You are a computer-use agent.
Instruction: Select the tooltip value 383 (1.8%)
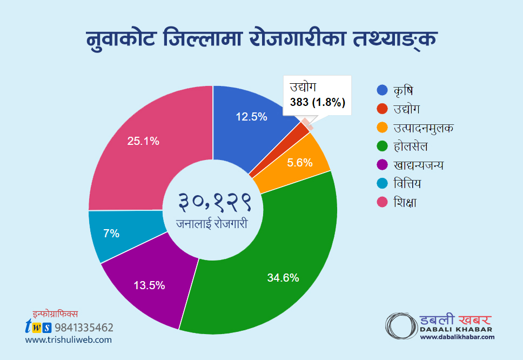[318, 103]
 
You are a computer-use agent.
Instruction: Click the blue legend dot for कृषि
[382, 90]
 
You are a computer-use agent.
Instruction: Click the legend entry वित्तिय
[407, 184]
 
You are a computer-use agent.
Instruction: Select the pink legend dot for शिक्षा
[382, 203]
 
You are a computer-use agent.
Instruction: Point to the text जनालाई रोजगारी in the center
[212, 223]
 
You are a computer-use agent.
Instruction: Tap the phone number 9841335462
[84, 327]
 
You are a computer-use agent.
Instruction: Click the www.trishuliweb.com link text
[68, 340]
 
